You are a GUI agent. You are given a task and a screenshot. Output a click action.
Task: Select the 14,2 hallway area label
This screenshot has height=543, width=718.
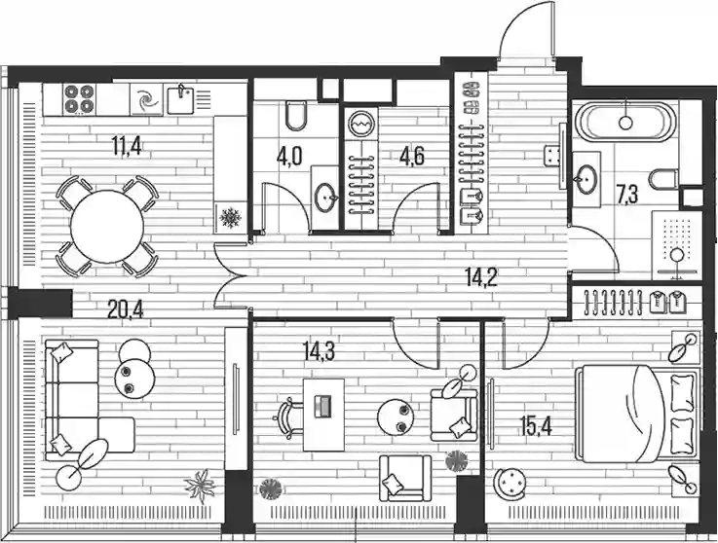pyautogui.click(x=481, y=277)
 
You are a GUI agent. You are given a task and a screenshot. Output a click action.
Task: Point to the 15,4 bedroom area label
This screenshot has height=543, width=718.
pyautogui.click(x=536, y=426)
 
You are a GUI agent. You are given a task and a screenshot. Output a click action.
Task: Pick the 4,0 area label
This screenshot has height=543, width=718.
pyautogui.click(x=289, y=156)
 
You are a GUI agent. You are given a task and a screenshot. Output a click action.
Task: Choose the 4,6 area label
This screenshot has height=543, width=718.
pyautogui.click(x=412, y=156)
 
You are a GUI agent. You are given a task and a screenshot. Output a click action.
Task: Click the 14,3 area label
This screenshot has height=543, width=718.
pyautogui.click(x=320, y=351)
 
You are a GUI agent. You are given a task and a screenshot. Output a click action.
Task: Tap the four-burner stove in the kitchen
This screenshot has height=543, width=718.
pyautogui.click(x=79, y=99)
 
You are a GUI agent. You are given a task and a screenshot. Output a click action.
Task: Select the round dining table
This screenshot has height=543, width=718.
pyautogui.click(x=107, y=227)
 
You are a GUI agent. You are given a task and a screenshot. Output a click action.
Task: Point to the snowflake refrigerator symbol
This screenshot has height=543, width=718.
pyautogui.click(x=230, y=218)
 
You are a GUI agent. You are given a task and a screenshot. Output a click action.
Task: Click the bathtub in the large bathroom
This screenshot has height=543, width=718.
pyautogui.click(x=625, y=122)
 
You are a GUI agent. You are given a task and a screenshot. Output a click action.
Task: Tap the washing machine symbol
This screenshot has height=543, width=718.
pyautogui.click(x=361, y=124)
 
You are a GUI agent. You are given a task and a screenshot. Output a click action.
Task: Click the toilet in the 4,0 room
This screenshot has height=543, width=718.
pyautogui.click(x=296, y=115)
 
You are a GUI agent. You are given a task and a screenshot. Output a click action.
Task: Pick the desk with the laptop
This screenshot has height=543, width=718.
pyautogui.click(x=323, y=415)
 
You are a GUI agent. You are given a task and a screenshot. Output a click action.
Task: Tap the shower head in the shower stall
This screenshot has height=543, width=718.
pyautogui.click(x=677, y=254)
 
